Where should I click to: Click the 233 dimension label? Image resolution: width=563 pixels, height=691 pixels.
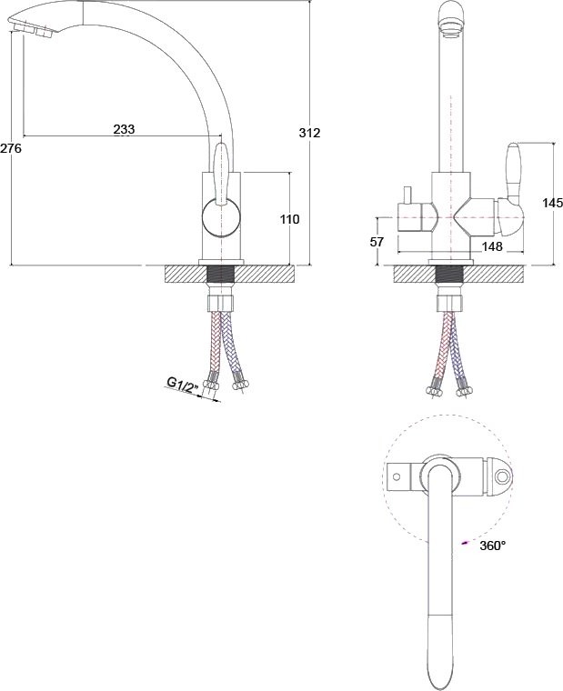click(x=124, y=130)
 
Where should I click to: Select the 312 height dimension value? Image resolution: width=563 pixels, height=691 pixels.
click(x=310, y=133)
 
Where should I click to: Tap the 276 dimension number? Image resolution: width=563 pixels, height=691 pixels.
click(x=10, y=147)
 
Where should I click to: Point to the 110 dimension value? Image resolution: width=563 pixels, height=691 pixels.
click(x=289, y=219)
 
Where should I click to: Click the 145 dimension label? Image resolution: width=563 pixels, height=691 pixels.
click(x=552, y=203)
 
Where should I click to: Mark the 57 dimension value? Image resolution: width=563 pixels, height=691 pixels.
click(x=377, y=243)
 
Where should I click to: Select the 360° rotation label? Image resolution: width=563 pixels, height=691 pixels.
click(x=491, y=546)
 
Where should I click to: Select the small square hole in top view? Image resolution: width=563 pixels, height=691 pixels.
click(x=397, y=476)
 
